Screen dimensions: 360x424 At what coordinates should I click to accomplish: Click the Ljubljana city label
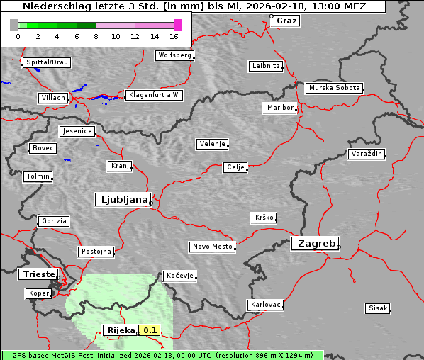coord(122,199)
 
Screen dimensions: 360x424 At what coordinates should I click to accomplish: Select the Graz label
coord(286,21)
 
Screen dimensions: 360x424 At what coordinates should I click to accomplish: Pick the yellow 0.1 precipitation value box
coord(149,330)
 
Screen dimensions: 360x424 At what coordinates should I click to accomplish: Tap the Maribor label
coord(279,108)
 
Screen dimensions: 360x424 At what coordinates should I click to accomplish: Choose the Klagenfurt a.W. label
coord(154,95)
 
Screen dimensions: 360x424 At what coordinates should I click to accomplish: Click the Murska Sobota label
coord(334,89)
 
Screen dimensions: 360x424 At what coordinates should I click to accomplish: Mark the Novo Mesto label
coord(212,247)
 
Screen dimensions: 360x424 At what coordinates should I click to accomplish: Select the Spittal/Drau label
coord(47,62)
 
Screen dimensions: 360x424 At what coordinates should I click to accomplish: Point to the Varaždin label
coord(367,154)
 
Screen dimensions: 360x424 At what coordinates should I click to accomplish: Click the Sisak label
coord(377,308)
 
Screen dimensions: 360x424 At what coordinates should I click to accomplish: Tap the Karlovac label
coord(266,305)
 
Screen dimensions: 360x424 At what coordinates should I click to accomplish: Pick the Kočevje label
coord(179,275)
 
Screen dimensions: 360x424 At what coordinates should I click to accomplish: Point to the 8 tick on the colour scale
coord(96,35)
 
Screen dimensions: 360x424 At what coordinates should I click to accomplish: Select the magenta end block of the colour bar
coord(177,25)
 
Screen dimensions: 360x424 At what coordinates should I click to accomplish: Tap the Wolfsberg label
coord(174,55)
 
